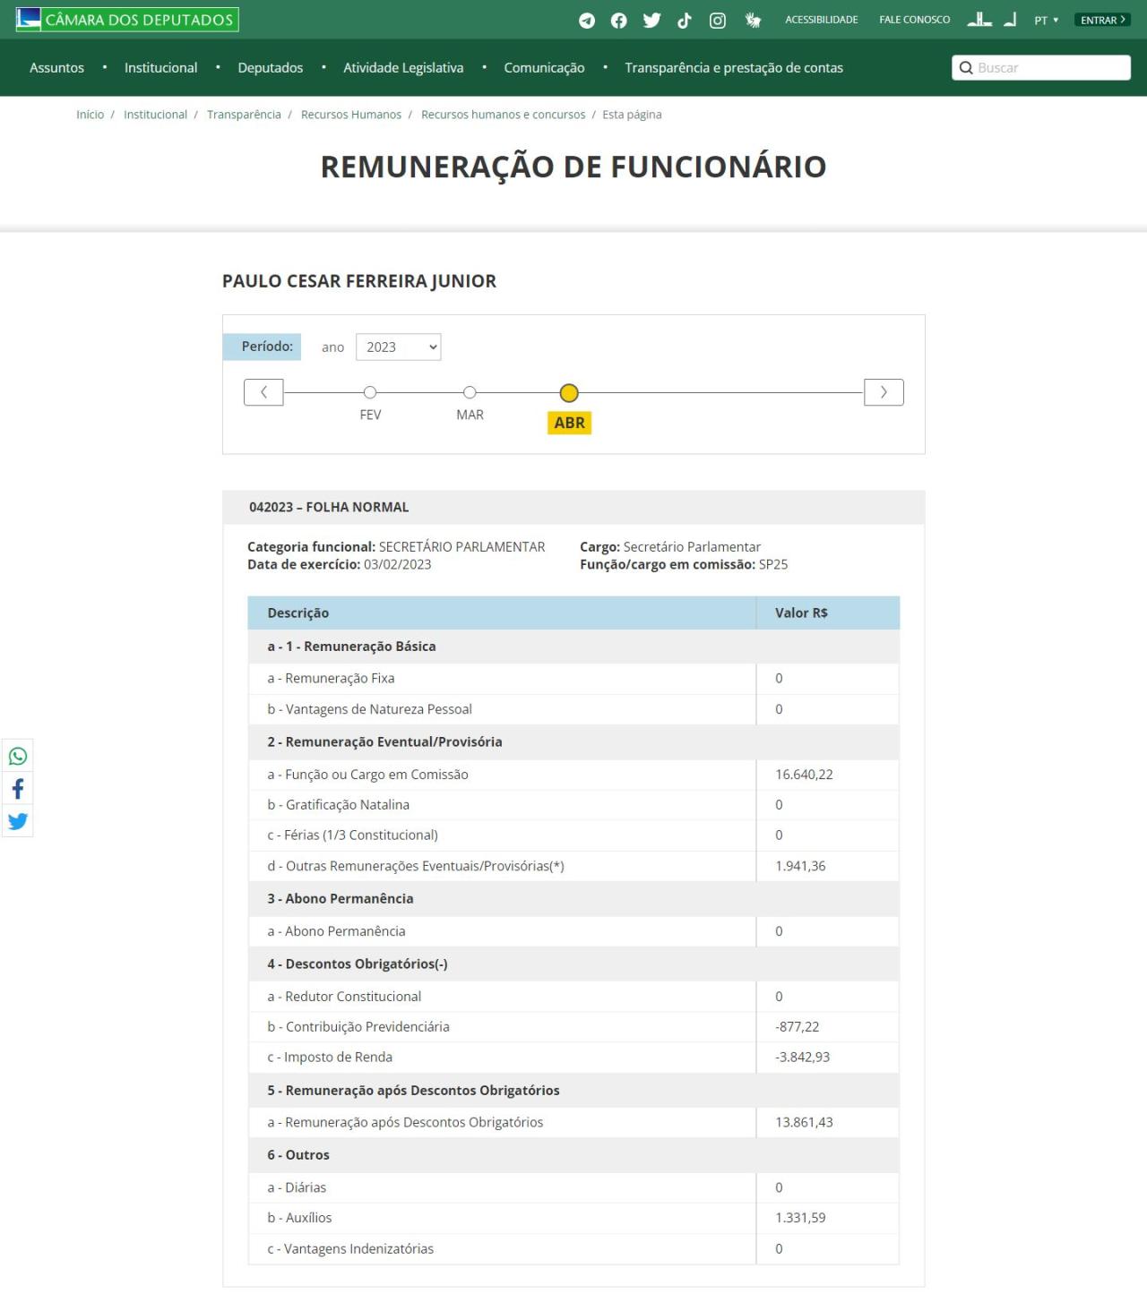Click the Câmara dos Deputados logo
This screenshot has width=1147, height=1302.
[127, 19]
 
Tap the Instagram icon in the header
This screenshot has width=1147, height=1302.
[718, 21]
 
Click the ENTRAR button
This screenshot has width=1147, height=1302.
[1102, 20]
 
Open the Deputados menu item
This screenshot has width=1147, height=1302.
[270, 68]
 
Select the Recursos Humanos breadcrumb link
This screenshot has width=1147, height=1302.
[351, 115]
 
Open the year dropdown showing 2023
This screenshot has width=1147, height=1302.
[398, 347]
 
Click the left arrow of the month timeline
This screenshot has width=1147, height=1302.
[263, 392]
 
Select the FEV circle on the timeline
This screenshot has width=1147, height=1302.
[370, 392]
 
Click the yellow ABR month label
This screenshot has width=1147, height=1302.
[569, 423]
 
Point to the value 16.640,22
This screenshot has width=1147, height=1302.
[804, 775]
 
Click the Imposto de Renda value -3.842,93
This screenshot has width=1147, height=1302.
[802, 1058]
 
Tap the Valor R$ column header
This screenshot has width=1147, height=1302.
[801, 613]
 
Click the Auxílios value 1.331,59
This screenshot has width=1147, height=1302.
[800, 1218]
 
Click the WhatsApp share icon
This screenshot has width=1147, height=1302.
[18, 757]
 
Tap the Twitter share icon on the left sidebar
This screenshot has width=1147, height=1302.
[18, 821]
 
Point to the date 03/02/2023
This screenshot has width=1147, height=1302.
[397, 565]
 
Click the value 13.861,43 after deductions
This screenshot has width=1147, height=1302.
[804, 1123]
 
